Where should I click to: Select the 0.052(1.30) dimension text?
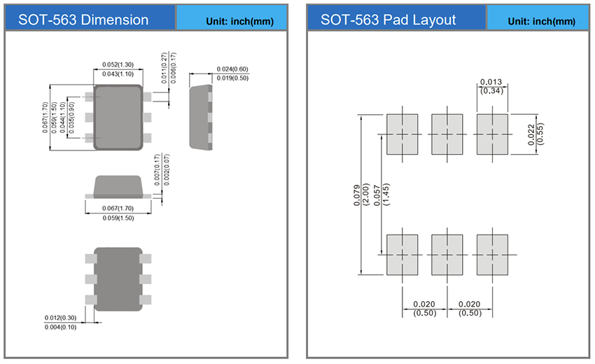[x=118, y=65]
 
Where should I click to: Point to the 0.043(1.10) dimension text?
[x=118, y=74]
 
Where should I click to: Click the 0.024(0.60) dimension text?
[x=232, y=69]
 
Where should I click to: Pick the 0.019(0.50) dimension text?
[x=232, y=78]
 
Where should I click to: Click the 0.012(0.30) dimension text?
[x=61, y=318]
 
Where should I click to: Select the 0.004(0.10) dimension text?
[x=61, y=328]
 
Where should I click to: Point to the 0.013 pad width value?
[x=492, y=82]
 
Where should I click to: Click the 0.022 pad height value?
[x=531, y=134]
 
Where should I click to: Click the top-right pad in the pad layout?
[x=492, y=134]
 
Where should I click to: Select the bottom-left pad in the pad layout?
[x=402, y=254]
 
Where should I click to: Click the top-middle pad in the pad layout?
[x=447, y=134]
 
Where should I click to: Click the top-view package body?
[x=118, y=117]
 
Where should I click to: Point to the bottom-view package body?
[x=118, y=279]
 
